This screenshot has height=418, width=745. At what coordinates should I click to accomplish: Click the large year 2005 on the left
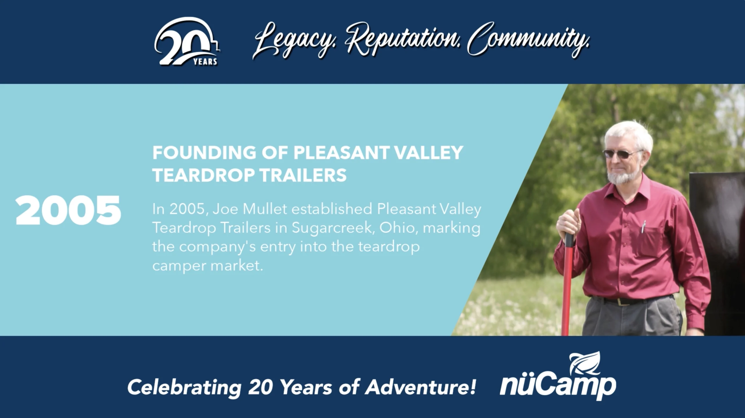coord(68,210)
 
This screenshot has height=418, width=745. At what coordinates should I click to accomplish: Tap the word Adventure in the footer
coord(420,387)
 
